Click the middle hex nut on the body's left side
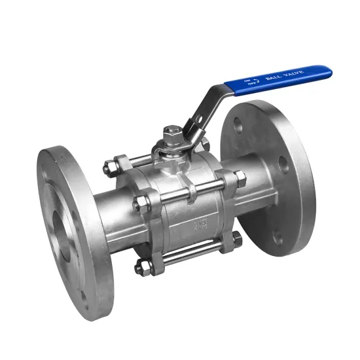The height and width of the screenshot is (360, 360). (137, 205)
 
